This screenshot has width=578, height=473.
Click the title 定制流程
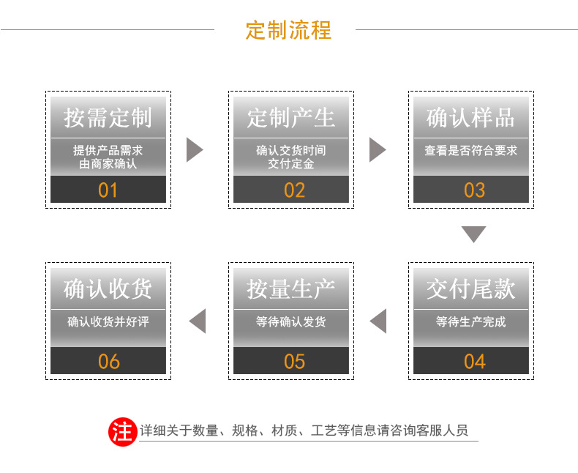(x=288, y=30)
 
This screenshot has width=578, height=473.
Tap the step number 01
(x=108, y=190)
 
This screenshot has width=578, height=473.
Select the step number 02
(x=294, y=190)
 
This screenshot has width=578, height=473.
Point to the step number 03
(x=474, y=190)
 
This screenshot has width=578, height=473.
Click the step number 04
(x=474, y=361)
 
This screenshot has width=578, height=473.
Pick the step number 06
(x=108, y=361)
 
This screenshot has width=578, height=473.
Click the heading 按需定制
(x=108, y=117)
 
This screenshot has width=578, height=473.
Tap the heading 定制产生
(x=291, y=117)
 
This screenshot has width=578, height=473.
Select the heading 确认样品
(x=471, y=117)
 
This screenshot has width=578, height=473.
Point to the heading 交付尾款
(x=471, y=288)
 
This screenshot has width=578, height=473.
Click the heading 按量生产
(x=291, y=288)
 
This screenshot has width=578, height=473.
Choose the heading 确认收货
(x=108, y=288)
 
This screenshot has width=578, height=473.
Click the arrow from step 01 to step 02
(x=194, y=149)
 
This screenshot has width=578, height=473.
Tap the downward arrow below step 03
(x=473, y=234)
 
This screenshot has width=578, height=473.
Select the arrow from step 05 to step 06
(x=198, y=321)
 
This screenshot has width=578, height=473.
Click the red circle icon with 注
(x=122, y=431)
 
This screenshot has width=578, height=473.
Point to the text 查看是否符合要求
(x=471, y=150)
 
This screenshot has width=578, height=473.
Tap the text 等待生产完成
(x=471, y=321)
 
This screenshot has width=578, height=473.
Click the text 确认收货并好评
(x=108, y=321)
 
